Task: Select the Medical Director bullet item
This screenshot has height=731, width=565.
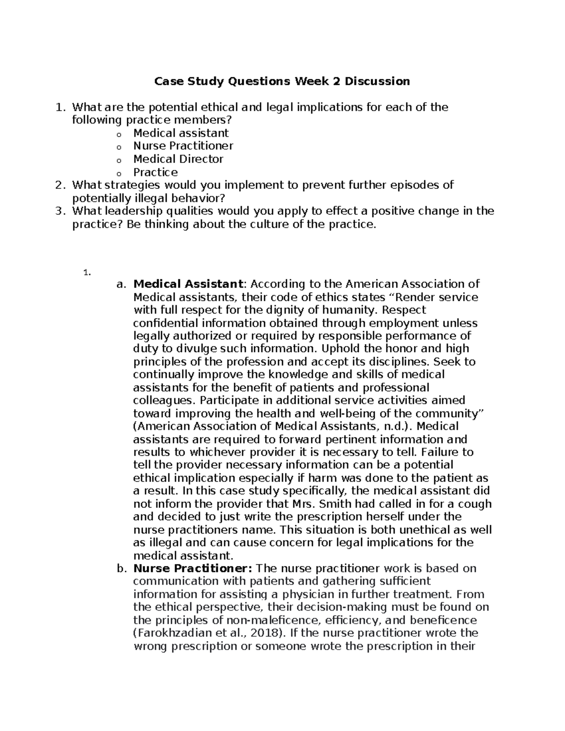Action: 178,159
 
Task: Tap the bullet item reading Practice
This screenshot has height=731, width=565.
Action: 155,172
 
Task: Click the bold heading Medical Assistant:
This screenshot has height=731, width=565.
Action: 189,284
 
